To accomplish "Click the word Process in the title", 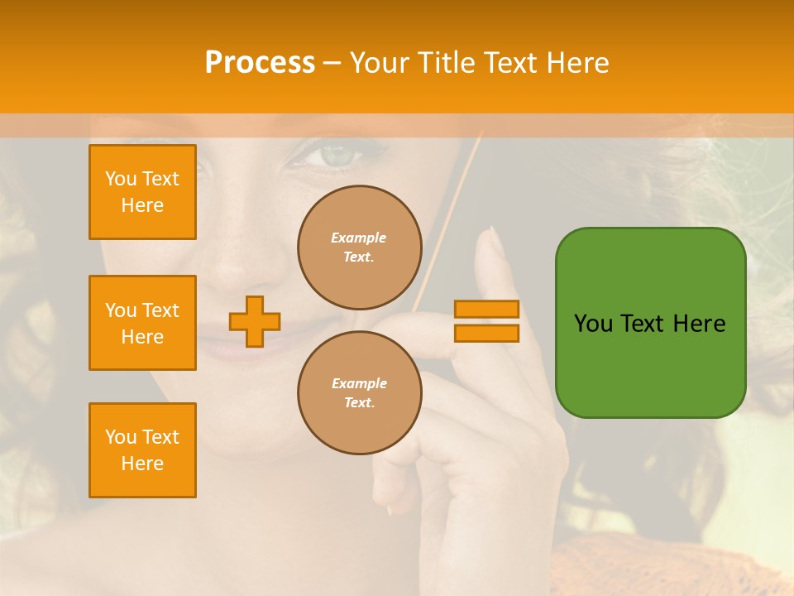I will [x=260, y=62].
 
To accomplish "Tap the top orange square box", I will [x=142, y=192].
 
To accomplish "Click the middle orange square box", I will [x=142, y=323].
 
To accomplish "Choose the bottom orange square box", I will [x=142, y=450].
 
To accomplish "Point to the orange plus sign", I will [x=255, y=321].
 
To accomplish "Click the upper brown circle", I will [x=359, y=248].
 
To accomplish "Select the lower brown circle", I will [x=359, y=393].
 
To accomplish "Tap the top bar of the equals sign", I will [x=486, y=310].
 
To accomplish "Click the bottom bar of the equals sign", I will [x=486, y=333].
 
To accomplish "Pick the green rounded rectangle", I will [x=650, y=323].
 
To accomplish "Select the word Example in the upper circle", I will [x=359, y=238].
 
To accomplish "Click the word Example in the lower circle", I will [x=359, y=383].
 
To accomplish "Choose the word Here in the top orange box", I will [x=142, y=205].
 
